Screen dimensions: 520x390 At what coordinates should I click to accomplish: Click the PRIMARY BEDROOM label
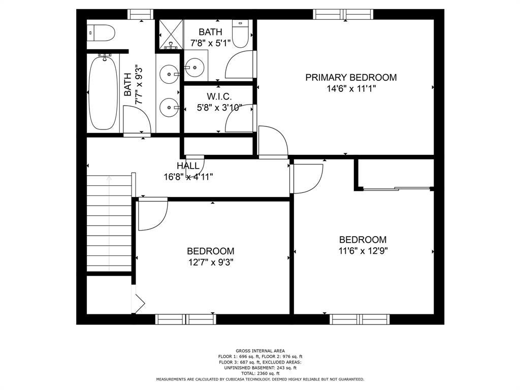[x=351, y=78]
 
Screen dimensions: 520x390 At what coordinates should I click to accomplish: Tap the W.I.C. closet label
[x=219, y=96]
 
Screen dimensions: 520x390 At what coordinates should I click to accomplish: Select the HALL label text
[x=188, y=166]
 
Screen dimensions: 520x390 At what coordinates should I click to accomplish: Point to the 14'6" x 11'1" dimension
[x=351, y=88]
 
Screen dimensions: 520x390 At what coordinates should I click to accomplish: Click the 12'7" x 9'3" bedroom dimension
[x=211, y=263]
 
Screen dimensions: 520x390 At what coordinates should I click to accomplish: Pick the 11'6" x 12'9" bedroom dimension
[x=363, y=251]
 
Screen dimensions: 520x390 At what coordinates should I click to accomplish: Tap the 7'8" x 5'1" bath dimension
[x=210, y=43]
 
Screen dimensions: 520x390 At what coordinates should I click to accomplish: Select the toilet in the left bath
[x=101, y=33]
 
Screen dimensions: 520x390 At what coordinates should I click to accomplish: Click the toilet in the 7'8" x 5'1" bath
[x=240, y=34]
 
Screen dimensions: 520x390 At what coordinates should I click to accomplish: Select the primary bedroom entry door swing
[x=273, y=141]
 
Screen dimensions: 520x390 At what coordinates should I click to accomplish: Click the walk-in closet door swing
[x=239, y=118]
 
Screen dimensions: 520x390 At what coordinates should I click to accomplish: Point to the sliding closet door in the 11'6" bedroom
[x=396, y=189]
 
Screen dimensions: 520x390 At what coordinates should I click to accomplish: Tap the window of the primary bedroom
[x=343, y=15]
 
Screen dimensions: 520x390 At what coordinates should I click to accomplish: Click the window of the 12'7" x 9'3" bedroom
[x=186, y=319]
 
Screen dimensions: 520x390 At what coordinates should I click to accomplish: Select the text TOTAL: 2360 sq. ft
[x=261, y=373]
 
